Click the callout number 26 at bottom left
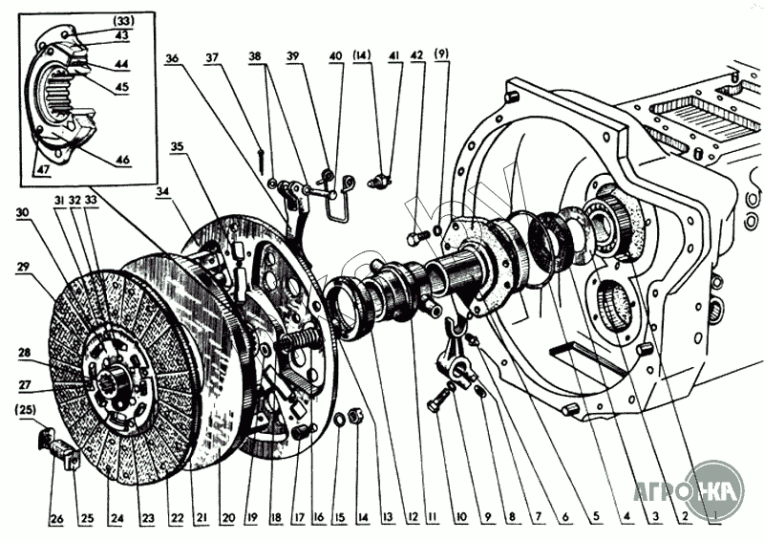(x=56, y=520)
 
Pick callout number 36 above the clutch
(x=172, y=57)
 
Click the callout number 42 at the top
(x=416, y=56)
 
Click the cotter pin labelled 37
(x=261, y=151)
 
